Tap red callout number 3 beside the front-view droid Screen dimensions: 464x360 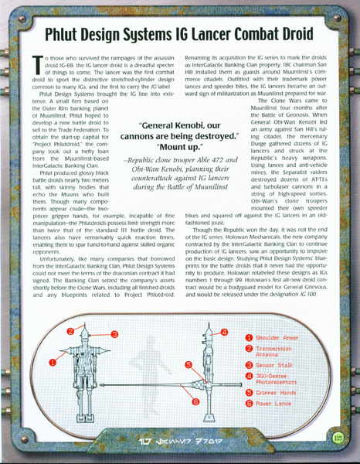click(114, 334)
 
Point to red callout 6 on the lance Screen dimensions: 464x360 click(195, 401)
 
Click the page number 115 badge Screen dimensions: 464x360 click(338, 438)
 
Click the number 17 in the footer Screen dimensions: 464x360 click(143, 442)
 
